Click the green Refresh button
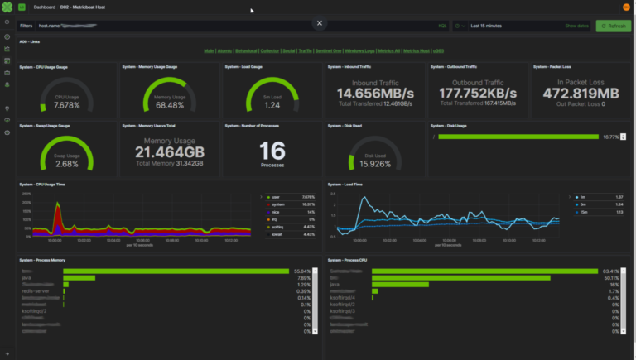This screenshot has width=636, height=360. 614,26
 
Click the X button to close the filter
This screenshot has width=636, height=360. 320,23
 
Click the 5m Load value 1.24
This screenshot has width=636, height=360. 272,105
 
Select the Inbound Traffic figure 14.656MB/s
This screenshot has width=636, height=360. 375,93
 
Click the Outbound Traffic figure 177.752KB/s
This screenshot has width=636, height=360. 478,93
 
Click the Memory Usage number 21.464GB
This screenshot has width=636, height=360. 170,152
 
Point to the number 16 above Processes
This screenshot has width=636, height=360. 272,150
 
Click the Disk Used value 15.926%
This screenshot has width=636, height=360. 375,163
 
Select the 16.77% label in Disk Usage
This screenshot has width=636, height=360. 610,137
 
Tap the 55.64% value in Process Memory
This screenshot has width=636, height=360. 301,271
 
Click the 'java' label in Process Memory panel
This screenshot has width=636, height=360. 26,278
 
